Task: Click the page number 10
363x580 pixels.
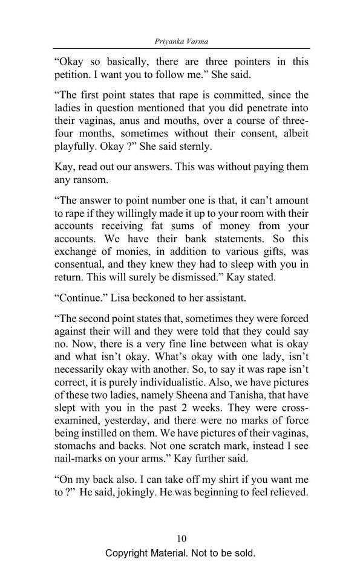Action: click(181, 538)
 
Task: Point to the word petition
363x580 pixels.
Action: click(73, 77)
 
